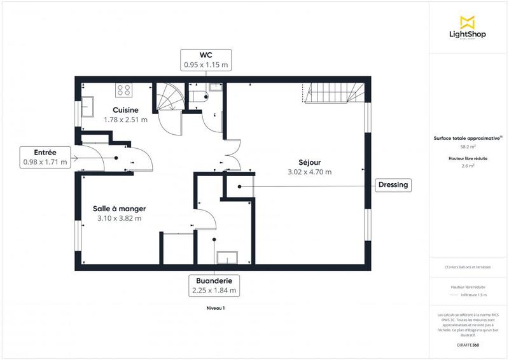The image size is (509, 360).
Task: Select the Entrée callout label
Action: pos(45,157)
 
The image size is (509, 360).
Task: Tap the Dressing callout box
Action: pos(393,186)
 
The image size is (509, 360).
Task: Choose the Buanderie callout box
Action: pos(214,286)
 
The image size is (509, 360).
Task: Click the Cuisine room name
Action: pos(125,110)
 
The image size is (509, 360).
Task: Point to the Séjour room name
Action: pos(309,162)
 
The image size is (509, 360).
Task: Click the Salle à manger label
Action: pos(119,209)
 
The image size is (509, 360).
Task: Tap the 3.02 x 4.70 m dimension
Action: pos(309,172)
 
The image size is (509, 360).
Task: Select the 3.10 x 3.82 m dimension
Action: pos(119,218)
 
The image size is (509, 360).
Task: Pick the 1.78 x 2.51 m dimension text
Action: pos(125,119)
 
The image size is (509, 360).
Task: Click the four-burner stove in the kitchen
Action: pos(123,90)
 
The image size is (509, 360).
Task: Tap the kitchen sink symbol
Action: pos(87,103)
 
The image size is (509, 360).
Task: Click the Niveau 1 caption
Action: pos(215,308)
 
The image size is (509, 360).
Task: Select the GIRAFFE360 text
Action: pos(469,344)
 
